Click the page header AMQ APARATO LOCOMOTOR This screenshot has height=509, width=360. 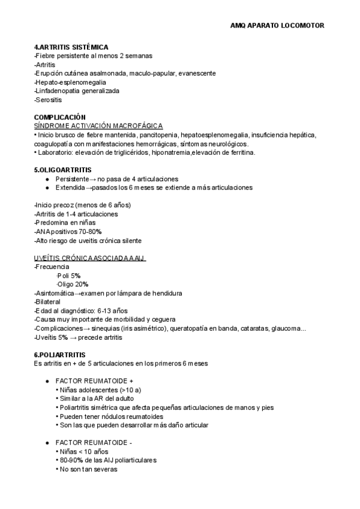click(x=277, y=26)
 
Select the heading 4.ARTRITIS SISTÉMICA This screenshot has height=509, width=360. click(x=71, y=47)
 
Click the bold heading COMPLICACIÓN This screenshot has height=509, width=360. click(x=60, y=117)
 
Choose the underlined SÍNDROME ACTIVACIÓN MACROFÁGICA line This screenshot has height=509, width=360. click(x=98, y=125)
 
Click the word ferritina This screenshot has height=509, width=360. click(x=241, y=152)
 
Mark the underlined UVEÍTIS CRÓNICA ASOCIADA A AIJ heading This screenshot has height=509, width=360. click(x=90, y=258)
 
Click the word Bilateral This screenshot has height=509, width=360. click(x=48, y=302)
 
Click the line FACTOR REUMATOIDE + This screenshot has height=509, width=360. click(x=94, y=381)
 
